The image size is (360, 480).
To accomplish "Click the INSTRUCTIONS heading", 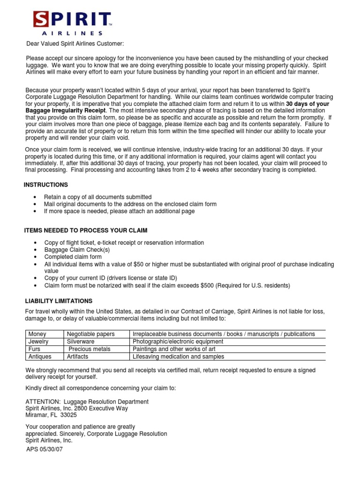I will click(x=46, y=185).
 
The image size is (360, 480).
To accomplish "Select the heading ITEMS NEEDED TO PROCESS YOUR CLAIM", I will click(x=86, y=231).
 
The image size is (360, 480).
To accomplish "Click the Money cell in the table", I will click(x=37, y=334).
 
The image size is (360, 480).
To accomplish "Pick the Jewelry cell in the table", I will click(x=39, y=342).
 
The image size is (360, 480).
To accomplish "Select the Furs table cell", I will click(x=36, y=349).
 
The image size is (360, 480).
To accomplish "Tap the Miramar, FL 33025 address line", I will click(x=51, y=415).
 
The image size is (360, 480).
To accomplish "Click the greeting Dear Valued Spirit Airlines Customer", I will click(x=75, y=44).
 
